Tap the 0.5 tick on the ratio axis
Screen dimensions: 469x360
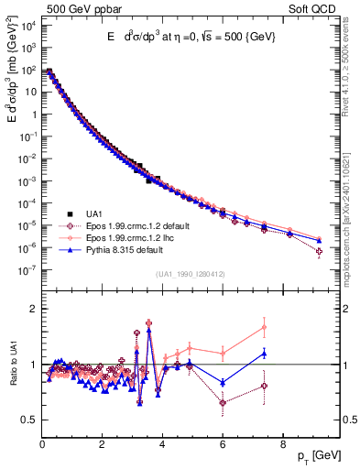(x=30, y=420)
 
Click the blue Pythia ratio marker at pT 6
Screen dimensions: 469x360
(x=223, y=382)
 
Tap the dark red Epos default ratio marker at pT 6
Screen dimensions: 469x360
(x=223, y=402)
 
